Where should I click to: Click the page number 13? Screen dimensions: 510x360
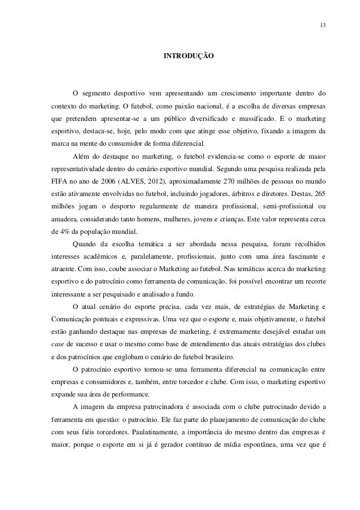click(322, 25)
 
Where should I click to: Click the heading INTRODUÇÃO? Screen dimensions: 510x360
click(188, 57)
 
